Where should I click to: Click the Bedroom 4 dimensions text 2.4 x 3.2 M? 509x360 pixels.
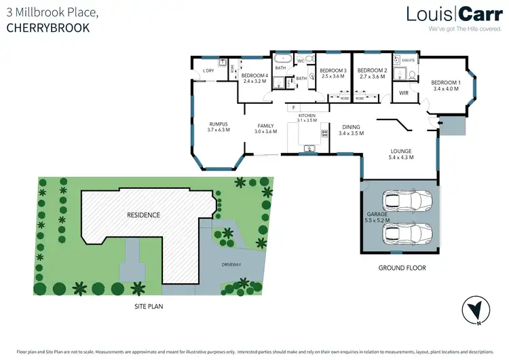click(x=255, y=81)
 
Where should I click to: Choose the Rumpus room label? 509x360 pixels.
click(x=218, y=124)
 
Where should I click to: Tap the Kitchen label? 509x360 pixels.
click(x=307, y=116)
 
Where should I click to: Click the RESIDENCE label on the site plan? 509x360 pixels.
click(x=143, y=215)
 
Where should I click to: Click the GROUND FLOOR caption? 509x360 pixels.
click(x=402, y=268)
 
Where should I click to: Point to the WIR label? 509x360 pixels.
click(x=403, y=93)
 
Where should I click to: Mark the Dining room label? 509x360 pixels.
click(x=351, y=127)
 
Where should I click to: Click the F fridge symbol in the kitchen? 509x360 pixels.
click(x=293, y=107)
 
